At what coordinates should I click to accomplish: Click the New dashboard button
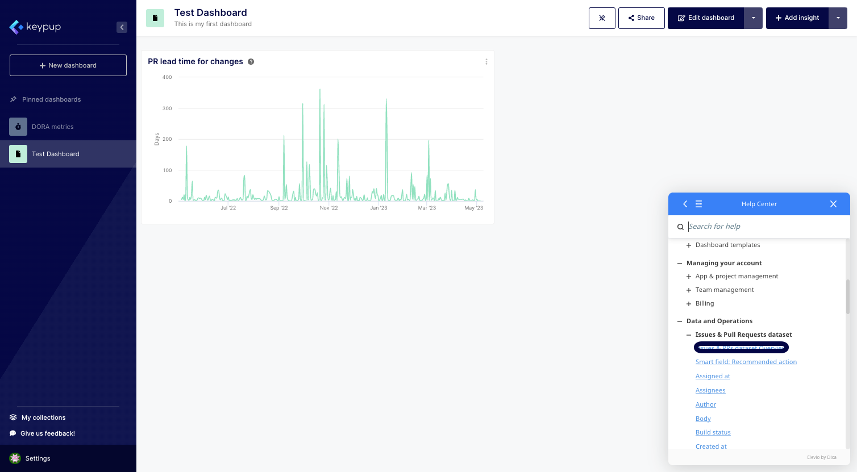coord(68,65)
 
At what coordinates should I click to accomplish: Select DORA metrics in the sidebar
coord(52,127)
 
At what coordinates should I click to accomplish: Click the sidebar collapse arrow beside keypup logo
coord(122,27)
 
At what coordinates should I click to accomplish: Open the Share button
coord(641,18)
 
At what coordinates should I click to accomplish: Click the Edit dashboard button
coord(706,18)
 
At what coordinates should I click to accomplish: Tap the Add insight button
coord(797,18)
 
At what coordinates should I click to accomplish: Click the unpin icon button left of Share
coord(602,18)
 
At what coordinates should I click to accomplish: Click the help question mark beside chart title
coord(251,62)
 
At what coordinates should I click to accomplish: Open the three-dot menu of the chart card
coord(486,62)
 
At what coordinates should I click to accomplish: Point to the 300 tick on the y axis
coord(167,108)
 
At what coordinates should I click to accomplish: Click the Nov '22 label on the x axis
coord(328,208)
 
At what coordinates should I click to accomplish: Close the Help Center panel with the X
coord(833,204)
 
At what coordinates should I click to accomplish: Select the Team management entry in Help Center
coord(725,290)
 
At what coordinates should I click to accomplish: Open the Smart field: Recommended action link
coord(746,362)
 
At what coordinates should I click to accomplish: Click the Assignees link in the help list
coord(710,390)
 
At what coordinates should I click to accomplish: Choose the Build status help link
coord(713,432)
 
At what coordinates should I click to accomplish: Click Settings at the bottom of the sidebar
coord(38,458)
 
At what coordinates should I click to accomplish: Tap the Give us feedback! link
coord(48,433)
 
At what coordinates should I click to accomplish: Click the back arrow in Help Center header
coord(685,204)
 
